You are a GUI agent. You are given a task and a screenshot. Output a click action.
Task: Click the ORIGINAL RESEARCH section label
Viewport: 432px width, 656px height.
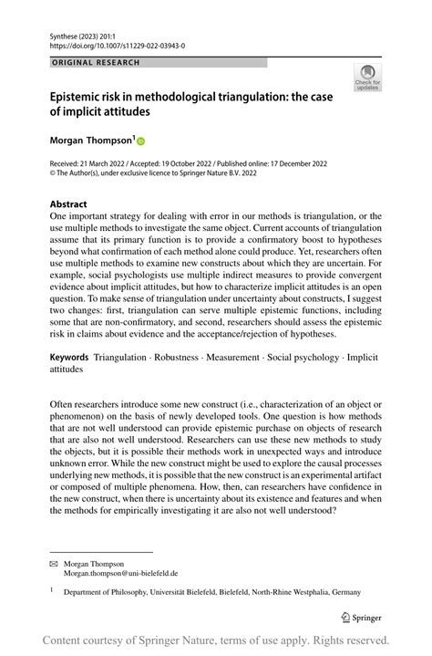96,62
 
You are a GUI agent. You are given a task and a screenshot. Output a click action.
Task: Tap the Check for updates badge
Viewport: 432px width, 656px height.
368,78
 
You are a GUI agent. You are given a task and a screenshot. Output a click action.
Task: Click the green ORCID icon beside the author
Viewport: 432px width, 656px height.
141,141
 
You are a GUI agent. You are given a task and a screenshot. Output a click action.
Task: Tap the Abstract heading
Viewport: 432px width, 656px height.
69,204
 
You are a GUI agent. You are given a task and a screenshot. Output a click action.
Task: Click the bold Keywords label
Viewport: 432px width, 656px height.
69,356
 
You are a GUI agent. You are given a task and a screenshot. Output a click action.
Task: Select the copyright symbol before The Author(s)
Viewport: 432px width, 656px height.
54,172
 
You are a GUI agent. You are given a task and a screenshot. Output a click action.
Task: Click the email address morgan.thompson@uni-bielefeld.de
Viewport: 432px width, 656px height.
120,573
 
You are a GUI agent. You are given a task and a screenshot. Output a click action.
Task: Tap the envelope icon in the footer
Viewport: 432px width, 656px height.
54,562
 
